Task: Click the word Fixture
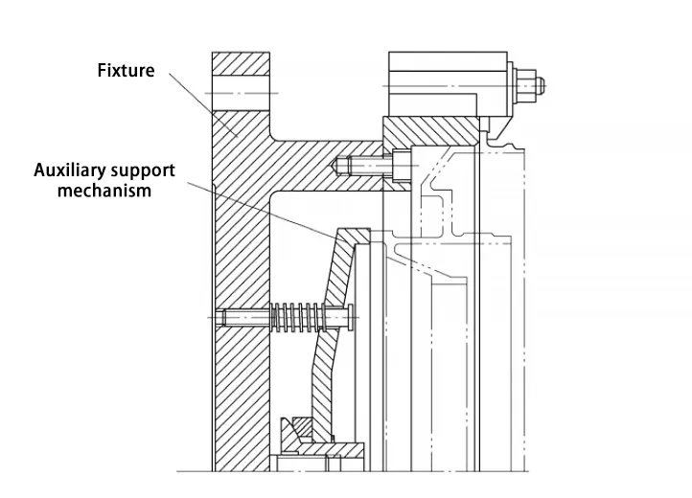(x=126, y=71)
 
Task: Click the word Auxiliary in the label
(x=70, y=171)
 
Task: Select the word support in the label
(x=142, y=171)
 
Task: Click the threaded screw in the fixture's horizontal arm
(x=368, y=166)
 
